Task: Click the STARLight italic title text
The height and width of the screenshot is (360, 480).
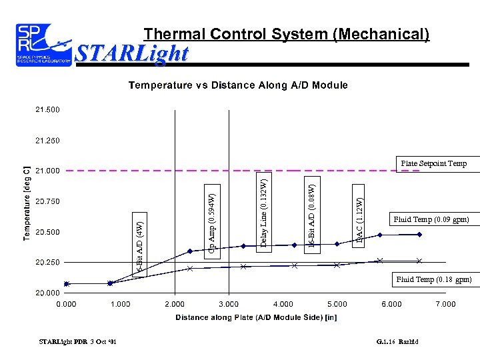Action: click(133, 53)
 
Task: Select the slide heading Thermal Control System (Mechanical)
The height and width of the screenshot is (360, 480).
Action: click(287, 33)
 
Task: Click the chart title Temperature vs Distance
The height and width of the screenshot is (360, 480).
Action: click(238, 85)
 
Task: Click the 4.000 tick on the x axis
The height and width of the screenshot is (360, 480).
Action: click(283, 304)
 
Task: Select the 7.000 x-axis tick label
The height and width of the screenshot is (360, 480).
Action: click(445, 304)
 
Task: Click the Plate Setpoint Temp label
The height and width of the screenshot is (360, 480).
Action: click(434, 163)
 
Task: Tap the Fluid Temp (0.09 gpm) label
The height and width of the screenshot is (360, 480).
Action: click(431, 219)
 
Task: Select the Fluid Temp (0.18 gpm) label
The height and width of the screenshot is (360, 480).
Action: click(433, 279)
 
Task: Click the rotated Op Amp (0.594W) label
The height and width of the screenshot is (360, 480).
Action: click(211, 223)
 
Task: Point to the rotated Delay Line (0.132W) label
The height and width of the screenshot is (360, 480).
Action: click(264, 211)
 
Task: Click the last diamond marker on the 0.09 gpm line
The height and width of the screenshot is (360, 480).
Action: click(419, 235)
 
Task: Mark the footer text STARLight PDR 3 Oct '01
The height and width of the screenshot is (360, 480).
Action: click(78, 342)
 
